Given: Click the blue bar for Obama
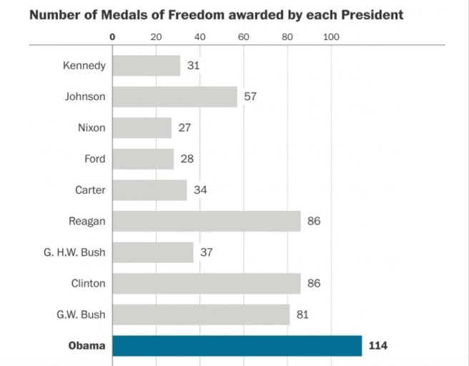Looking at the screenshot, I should click(237, 346).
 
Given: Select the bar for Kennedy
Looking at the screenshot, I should click(146, 66).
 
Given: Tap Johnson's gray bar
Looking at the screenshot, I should click(174, 97).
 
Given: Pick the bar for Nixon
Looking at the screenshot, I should click(142, 128).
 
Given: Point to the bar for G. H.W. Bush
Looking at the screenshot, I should click(152, 252).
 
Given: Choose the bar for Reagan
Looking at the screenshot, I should click(207, 221).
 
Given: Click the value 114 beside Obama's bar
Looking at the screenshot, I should click(377, 346).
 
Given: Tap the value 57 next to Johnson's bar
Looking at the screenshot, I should click(250, 97).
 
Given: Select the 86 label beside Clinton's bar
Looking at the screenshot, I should click(314, 284).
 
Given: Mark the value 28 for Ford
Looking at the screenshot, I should click(187, 159).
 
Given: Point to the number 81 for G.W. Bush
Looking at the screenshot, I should click(302, 315).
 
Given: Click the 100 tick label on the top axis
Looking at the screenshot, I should click(331, 36).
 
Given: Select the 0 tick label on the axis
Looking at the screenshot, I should click(112, 36).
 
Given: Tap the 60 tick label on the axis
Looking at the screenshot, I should click(243, 36).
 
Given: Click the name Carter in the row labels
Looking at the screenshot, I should click(90, 190).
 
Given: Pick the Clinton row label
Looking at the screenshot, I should click(88, 284).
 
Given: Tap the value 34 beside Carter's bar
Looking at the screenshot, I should click(200, 190).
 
